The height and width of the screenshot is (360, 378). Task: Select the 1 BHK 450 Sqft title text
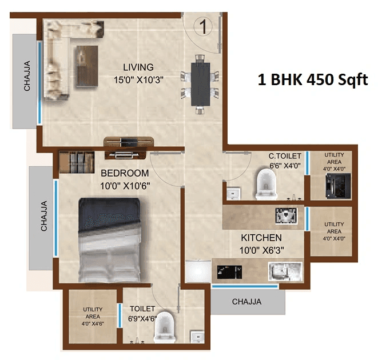click(x=312, y=80)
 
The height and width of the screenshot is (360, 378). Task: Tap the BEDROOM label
click(x=125, y=173)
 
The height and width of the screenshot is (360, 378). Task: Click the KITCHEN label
click(x=261, y=237)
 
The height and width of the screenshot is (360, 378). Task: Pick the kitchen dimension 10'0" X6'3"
click(x=261, y=250)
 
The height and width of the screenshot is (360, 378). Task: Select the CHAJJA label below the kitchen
click(x=246, y=301)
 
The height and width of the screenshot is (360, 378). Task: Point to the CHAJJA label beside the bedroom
click(x=43, y=218)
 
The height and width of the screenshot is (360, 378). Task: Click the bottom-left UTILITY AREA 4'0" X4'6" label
click(x=93, y=317)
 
